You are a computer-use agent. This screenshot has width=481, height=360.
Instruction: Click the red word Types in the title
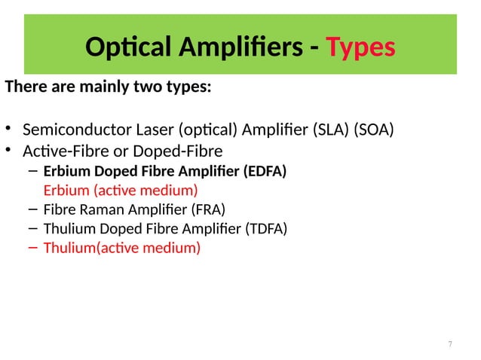pos(360,47)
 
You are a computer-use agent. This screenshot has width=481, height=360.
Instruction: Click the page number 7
pos(450,344)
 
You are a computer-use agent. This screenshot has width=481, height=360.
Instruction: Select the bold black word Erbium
pos(66,172)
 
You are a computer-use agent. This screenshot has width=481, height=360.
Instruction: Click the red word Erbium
pos(66,190)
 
